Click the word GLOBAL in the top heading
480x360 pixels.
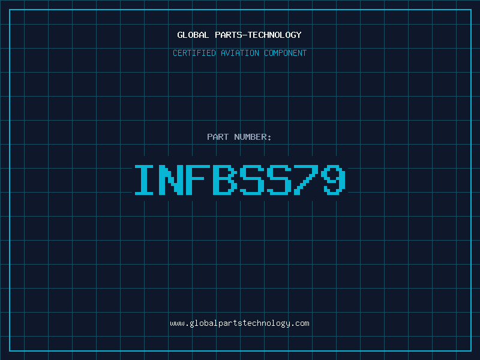click(x=193, y=35)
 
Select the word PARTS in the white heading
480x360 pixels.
click(x=229, y=35)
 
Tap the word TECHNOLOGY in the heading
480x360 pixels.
click(x=275, y=35)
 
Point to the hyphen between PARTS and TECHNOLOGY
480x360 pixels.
click(x=245, y=35)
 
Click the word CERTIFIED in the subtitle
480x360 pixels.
click(x=194, y=53)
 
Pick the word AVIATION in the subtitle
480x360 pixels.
click(x=240, y=53)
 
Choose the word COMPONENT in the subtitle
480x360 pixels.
click(x=286, y=53)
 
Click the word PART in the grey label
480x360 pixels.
click(x=218, y=137)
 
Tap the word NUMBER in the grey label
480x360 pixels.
click(x=250, y=137)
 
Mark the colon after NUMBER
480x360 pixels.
click(x=269, y=138)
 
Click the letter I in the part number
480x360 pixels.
click(x=144, y=179)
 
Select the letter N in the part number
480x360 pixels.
click(x=171, y=179)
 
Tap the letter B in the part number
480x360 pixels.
click(x=225, y=179)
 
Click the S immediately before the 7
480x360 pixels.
click(x=279, y=179)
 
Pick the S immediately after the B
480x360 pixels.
click(x=252, y=179)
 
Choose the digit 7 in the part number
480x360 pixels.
click(x=306, y=179)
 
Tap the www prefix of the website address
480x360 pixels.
click(x=177, y=324)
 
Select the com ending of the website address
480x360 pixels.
click(x=302, y=324)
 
